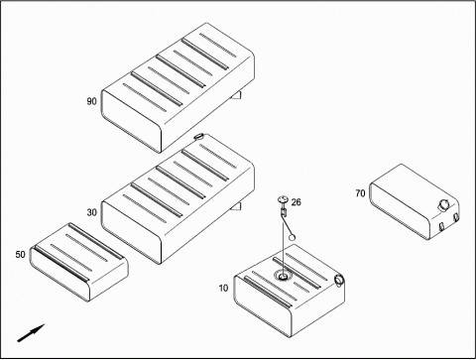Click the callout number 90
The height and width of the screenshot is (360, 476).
91,101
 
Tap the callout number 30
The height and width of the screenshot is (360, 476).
91,212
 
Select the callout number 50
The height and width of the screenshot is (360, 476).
20,254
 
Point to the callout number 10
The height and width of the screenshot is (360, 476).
223,288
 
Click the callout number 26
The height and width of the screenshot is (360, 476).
297,202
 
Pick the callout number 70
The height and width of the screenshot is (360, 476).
360,192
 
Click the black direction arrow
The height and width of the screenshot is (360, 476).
31,333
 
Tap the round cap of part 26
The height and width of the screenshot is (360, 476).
283,199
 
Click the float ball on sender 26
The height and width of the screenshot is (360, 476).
292,237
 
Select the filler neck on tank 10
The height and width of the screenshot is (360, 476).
339,280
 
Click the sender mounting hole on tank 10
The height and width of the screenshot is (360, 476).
283,276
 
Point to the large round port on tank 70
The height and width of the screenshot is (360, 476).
443,204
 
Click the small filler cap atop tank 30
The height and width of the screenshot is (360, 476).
198,136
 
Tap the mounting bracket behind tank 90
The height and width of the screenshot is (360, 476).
237,95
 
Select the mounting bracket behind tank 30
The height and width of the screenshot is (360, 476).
237,206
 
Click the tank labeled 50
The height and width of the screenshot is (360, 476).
79,262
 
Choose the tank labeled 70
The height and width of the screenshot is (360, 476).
415,201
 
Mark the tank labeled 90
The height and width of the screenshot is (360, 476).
178,87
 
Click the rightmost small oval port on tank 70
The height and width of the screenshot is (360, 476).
456,217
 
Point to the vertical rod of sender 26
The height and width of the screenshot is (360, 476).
284,243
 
